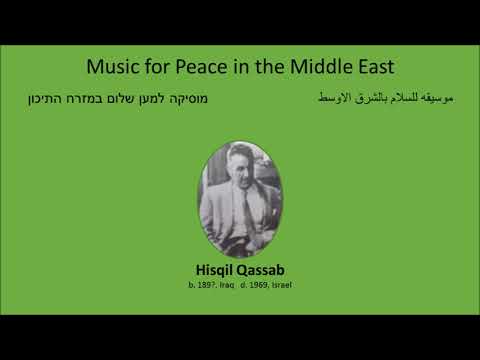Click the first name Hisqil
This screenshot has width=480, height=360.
pyautogui.click(x=216, y=270)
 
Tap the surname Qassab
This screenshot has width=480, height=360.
pyautogui.click(x=262, y=270)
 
